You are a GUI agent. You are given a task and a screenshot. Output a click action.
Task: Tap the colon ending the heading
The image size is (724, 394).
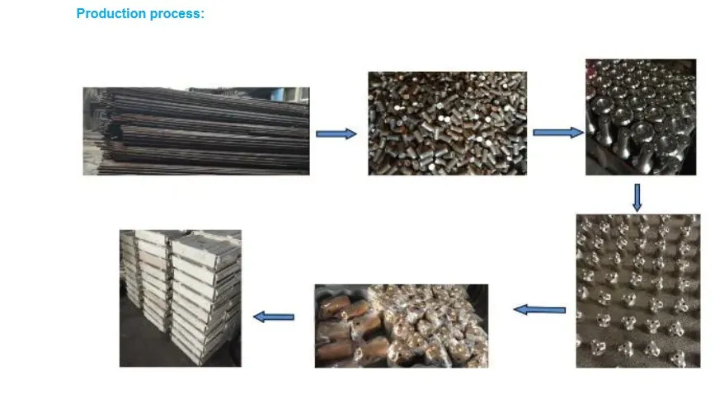[x=202, y=15]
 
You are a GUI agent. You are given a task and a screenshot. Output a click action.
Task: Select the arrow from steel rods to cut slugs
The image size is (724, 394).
[x=336, y=134]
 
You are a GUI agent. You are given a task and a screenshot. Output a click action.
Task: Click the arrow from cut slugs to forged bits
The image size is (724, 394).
[x=558, y=133]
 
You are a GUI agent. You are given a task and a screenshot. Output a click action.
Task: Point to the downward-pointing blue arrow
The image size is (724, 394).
[x=637, y=198]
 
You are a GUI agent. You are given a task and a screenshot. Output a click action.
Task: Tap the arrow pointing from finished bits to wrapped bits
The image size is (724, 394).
[x=539, y=310]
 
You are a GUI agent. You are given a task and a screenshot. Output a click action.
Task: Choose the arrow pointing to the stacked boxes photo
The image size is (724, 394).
[x=274, y=317]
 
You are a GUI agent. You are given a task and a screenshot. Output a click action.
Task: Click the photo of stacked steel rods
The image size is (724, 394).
[x=196, y=131]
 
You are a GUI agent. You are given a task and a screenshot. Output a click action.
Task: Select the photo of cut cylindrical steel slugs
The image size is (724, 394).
[x=448, y=123]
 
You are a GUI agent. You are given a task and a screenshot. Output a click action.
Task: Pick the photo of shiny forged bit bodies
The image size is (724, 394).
[x=641, y=117]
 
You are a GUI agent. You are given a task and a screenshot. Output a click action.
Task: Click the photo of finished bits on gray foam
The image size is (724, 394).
[x=638, y=291]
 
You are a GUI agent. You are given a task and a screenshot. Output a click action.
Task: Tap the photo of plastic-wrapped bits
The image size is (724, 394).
[x=402, y=326]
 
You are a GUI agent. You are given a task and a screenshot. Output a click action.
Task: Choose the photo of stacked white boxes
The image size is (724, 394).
[x=181, y=298]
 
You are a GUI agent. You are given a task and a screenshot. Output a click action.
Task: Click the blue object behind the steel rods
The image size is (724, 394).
[x=277, y=94]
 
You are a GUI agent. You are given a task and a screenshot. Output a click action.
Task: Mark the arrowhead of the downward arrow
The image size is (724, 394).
[x=637, y=206]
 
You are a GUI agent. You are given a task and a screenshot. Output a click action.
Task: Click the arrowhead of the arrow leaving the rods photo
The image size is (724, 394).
[x=351, y=134]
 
